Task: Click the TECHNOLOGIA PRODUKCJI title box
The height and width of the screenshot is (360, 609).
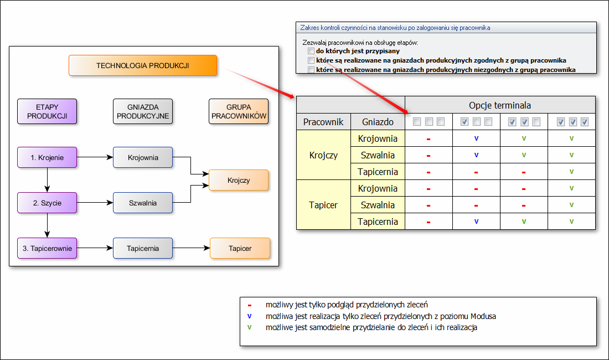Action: pos(142,65)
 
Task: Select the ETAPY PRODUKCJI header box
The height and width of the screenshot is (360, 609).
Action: pos(47,111)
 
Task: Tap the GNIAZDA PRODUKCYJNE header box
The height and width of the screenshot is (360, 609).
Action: pos(142,111)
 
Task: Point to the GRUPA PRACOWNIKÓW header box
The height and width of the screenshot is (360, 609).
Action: pos(239,111)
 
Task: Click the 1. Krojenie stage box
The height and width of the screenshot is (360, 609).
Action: pos(47,157)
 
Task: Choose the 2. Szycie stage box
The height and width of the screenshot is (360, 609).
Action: pos(47,203)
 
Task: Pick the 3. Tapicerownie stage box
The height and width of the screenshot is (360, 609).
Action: pos(47,248)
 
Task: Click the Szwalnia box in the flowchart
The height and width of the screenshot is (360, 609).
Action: pos(142,203)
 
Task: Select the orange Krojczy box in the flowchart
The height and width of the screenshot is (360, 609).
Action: pos(239,180)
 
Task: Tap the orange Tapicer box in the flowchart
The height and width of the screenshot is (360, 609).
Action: pos(240,248)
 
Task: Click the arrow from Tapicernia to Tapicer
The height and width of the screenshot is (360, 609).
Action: pos(191,248)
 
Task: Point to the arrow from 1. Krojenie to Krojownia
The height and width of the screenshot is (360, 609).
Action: pos(95,157)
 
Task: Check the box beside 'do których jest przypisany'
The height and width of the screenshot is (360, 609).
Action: pos(311,51)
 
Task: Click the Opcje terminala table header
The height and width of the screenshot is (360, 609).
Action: pos(500,105)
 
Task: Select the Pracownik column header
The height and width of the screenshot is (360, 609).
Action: pos(323,122)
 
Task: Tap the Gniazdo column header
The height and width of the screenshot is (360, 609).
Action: pos(378,122)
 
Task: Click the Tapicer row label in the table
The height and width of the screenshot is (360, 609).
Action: pos(323,205)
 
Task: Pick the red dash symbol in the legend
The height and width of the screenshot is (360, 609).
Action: pos(249,305)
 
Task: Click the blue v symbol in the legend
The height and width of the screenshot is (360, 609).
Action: pos(249,316)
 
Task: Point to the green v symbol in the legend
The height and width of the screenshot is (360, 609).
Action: pos(249,327)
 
